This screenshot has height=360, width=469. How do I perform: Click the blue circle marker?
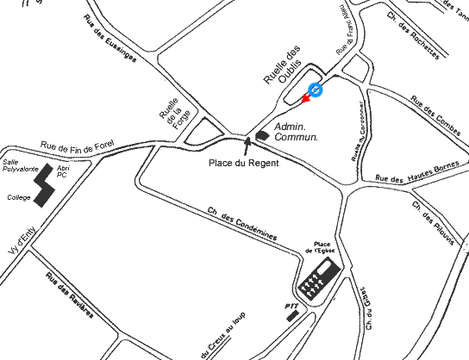tap(316, 90)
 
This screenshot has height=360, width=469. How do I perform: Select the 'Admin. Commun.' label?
tap(296, 132)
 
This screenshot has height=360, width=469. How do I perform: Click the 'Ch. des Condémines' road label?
tap(242, 224)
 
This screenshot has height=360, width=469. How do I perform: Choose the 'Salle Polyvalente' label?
tap(18, 165)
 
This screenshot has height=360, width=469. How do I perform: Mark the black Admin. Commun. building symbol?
tap(262, 134)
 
